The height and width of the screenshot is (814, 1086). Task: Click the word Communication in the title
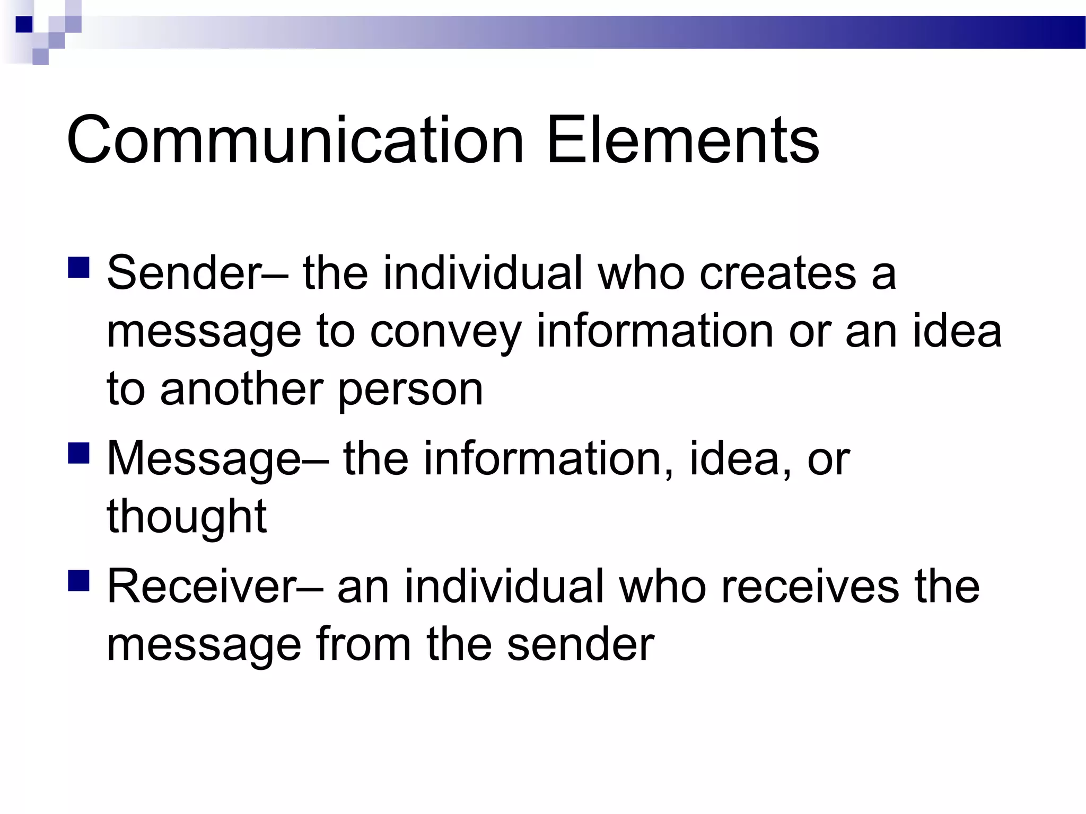tap(295, 140)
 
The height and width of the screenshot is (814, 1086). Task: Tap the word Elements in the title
tap(682, 140)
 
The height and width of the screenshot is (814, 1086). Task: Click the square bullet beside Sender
tap(78, 268)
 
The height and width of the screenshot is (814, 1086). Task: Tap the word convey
tap(445, 332)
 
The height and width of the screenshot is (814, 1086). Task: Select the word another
tap(241, 390)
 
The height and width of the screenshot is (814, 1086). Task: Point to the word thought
tap(187, 517)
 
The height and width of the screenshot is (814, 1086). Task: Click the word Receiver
tap(202, 587)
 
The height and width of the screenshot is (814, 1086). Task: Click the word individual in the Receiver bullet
tap(504, 587)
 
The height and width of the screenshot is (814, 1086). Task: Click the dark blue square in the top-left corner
tap(24, 24)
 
